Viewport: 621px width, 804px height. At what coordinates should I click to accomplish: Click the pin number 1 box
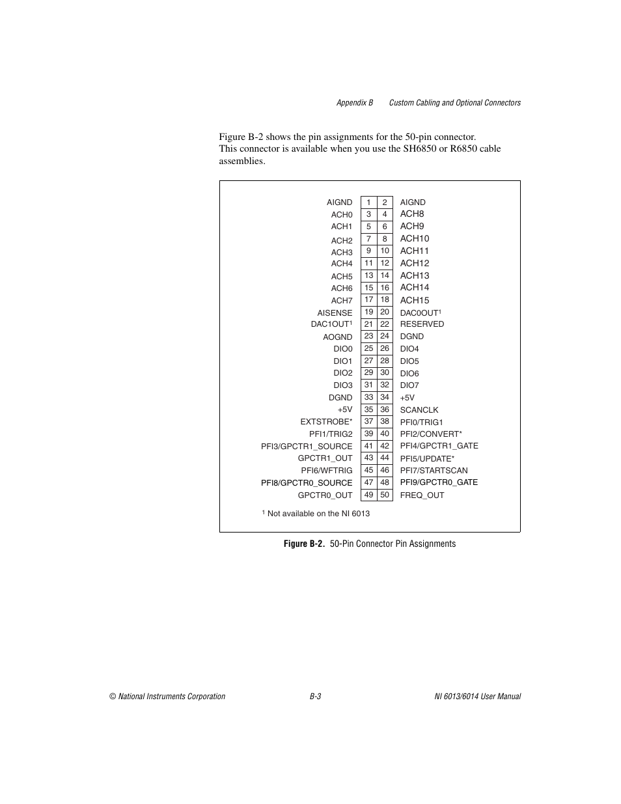368,202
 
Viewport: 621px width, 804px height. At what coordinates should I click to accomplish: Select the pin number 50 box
385,495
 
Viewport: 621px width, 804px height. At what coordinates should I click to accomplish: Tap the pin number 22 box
385,324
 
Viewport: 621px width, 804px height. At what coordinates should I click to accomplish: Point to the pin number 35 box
368,409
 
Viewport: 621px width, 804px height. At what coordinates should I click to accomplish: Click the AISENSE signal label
335,313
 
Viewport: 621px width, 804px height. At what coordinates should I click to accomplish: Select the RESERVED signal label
422,324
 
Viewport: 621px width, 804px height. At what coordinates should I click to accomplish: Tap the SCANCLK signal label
419,410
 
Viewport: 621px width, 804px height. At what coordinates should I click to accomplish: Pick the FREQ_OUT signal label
422,495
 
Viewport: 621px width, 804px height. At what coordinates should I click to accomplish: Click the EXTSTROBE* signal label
326,422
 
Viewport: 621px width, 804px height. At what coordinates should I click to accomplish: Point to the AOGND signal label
337,337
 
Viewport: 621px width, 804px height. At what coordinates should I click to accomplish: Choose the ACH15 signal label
415,300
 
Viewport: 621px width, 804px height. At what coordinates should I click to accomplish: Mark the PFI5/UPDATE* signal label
427,459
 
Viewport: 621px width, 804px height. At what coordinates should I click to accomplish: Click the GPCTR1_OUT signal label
325,458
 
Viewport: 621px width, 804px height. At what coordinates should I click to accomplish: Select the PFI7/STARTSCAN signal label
434,471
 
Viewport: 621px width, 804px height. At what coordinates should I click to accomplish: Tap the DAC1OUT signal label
331,324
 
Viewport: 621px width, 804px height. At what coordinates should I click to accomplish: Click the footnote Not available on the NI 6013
317,514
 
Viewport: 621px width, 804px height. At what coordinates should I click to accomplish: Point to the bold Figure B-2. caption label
304,544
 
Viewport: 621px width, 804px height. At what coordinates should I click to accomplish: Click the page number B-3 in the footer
315,697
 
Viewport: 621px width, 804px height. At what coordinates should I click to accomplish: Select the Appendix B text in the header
355,103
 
